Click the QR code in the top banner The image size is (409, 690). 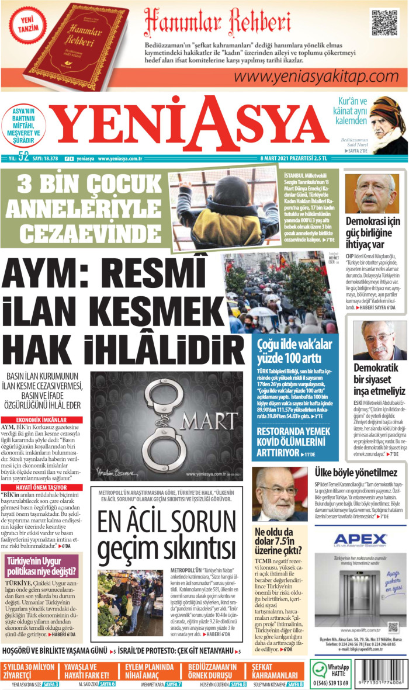pos(384,22)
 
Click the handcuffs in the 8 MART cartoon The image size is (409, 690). pos(153,412)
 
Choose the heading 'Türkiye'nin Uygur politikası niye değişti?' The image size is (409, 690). pos(39,567)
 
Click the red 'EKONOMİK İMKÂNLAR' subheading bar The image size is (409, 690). pos(41,420)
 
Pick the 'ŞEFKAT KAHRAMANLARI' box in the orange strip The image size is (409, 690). pos(276,671)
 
